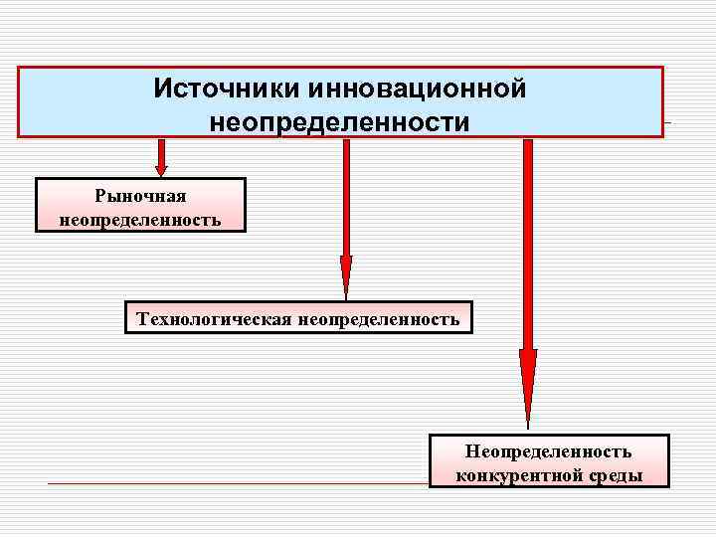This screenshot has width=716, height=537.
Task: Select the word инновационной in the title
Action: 417,89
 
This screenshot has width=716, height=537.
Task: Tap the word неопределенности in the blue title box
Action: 339,122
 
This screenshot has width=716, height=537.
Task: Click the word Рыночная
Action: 140,197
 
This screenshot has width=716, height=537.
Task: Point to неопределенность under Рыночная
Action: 140,218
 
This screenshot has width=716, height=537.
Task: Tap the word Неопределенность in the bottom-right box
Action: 549,452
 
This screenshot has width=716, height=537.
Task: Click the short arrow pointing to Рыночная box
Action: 160,157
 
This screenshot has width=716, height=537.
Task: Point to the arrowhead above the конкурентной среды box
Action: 528,383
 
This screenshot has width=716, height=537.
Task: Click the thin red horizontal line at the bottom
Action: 239,483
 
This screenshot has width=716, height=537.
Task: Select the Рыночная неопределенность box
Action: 140,205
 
